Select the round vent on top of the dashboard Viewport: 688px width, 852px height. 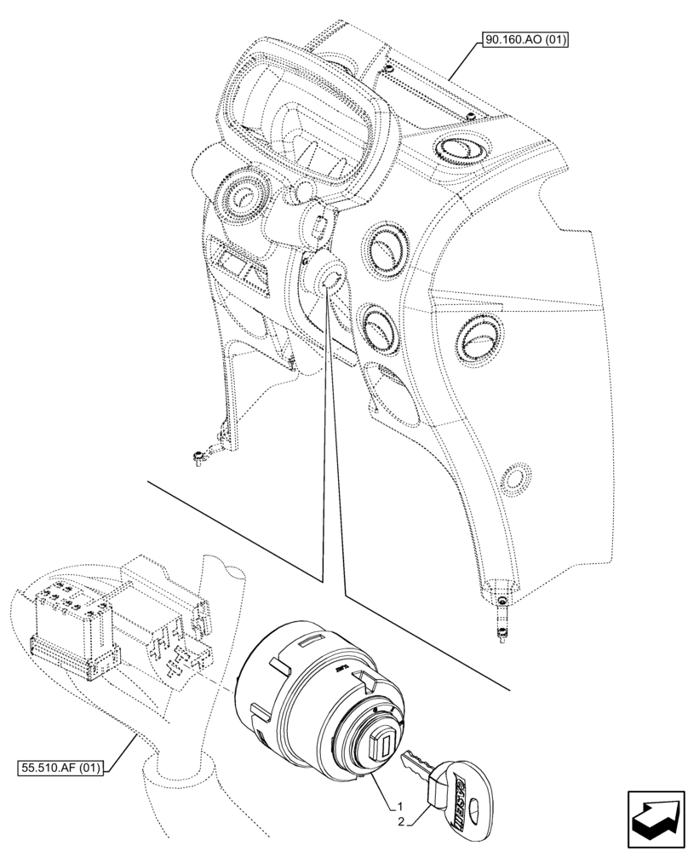(456, 151)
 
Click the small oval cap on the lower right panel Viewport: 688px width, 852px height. (515, 477)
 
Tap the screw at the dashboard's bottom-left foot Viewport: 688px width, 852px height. (198, 458)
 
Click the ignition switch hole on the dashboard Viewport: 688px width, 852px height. (331, 278)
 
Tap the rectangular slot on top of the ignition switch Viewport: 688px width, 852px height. (311, 639)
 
